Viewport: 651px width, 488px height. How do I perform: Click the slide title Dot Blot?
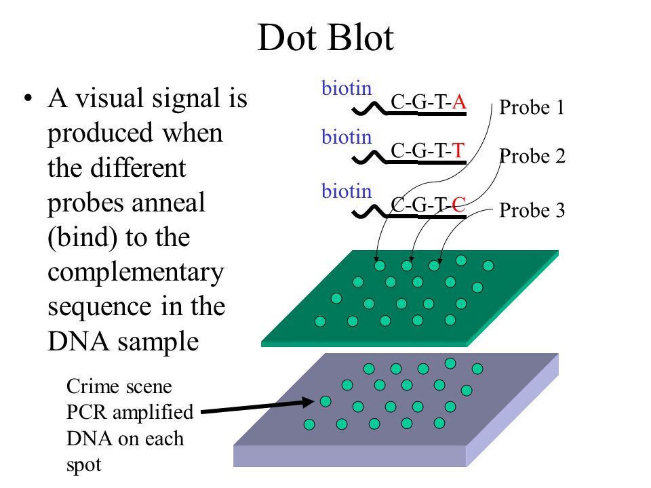pyautogui.click(x=325, y=38)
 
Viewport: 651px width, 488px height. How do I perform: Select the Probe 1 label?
pyautogui.click(x=532, y=107)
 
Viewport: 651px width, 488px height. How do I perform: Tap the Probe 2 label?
pyautogui.click(x=532, y=156)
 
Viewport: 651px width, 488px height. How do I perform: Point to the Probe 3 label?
pyautogui.click(x=532, y=210)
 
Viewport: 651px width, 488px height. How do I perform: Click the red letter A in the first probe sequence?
pyautogui.click(x=459, y=102)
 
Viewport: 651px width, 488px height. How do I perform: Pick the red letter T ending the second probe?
pyautogui.click(x=458, y=150)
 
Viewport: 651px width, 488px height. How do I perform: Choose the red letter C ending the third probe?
pyautogui.click(x=458, y=204)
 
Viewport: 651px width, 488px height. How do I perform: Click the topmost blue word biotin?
pyautogui.click(x=347, y=88)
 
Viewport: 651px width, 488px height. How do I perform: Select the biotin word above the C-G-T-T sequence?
pyautogui.click(x=347, y=137)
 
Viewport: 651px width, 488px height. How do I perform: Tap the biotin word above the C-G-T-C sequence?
pyautogui.click(x=347, y=191)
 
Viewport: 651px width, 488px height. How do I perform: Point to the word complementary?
pyautogui.click(x=136, y=274)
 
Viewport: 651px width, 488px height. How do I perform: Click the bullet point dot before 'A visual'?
pyautogui.click(x=28, y=99)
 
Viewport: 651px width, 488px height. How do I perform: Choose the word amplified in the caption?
pyautogui.click(x=153, y=413)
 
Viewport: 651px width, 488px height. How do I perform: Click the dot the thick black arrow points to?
pyautogui.click(x=325, y=401)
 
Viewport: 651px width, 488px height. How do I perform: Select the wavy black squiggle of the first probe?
pyautogui.click(x=369, y=109)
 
